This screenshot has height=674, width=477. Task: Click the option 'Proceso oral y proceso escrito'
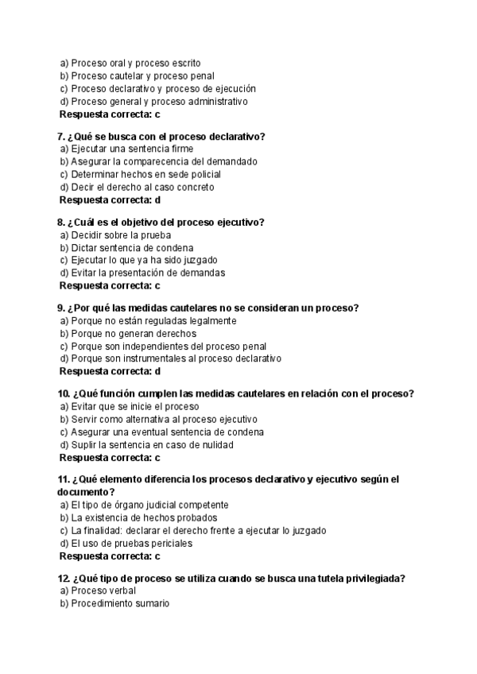tap(135, 63)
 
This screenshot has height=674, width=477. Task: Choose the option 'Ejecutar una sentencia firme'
tap(132, 149)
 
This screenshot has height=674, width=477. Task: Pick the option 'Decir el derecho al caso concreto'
tap(142, 187)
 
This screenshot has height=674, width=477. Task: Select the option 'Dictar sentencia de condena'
tap(132, 247)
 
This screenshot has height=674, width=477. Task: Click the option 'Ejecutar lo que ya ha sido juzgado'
tap(144, 260)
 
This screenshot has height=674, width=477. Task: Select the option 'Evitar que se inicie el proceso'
tap(134, 406)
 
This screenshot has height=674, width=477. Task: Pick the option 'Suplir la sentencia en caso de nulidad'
tap(152, 444)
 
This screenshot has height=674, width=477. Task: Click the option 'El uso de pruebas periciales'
tap(131, 543)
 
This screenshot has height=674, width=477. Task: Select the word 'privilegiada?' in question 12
tap(374, 578)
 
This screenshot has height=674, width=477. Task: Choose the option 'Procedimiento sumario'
tap(120, 603)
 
